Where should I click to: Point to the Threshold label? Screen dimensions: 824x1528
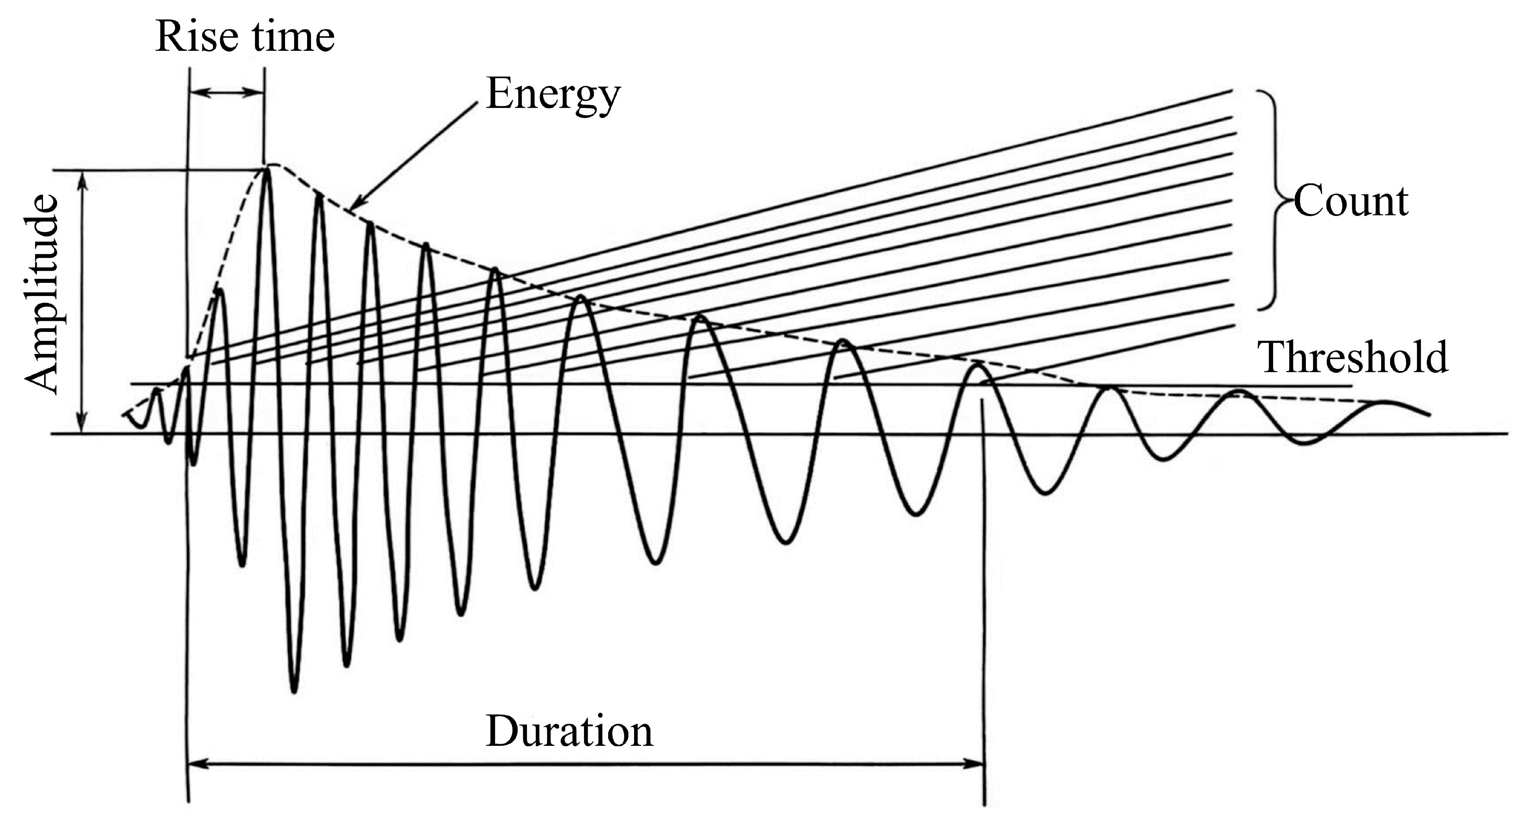(x=1352, y=357)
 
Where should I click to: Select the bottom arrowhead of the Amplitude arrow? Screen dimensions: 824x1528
(x=83, y=427)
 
